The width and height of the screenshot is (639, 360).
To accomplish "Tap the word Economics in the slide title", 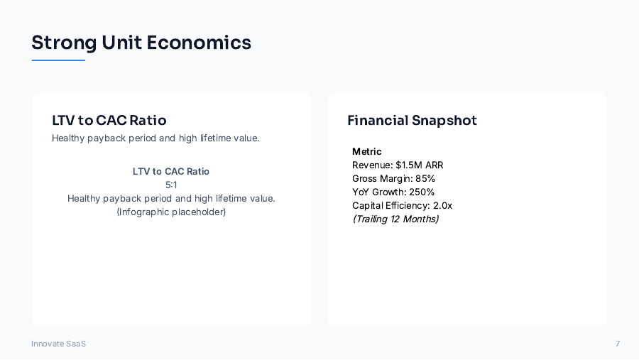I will (x=199, y=43).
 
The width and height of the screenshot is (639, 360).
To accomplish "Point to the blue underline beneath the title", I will (x=58, y=60).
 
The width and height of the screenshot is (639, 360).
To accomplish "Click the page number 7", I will (x=618, y=344).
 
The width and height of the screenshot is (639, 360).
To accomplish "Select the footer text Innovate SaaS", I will (x=58, y=344).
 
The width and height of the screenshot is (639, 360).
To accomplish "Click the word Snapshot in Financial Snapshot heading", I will (x=444, y=121).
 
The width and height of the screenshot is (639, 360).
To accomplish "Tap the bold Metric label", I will (x=367, y=151).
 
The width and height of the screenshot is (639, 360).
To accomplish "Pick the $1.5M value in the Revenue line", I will (x=409, y=165).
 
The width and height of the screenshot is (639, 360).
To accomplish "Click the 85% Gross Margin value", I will (x=425, y=178).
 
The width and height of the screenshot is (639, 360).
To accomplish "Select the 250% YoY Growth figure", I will (x=422, y=192).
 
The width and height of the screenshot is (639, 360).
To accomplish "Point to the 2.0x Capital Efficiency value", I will (x=442, y=205).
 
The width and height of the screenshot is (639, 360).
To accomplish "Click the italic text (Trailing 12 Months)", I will (x=395, y=219).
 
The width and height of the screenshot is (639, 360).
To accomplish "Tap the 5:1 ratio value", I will (x=171, y=185).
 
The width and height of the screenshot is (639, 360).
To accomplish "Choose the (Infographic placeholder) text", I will (x=171, y=212).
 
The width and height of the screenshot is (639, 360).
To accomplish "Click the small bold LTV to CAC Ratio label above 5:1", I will (x=171, y=171).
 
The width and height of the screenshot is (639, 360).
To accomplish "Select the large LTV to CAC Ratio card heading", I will (x=109, y=121).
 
